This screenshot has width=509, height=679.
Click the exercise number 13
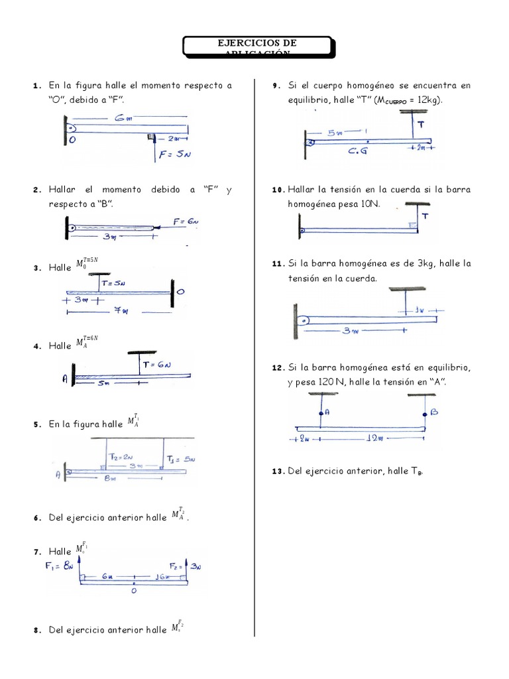click(x=278, y=471)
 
